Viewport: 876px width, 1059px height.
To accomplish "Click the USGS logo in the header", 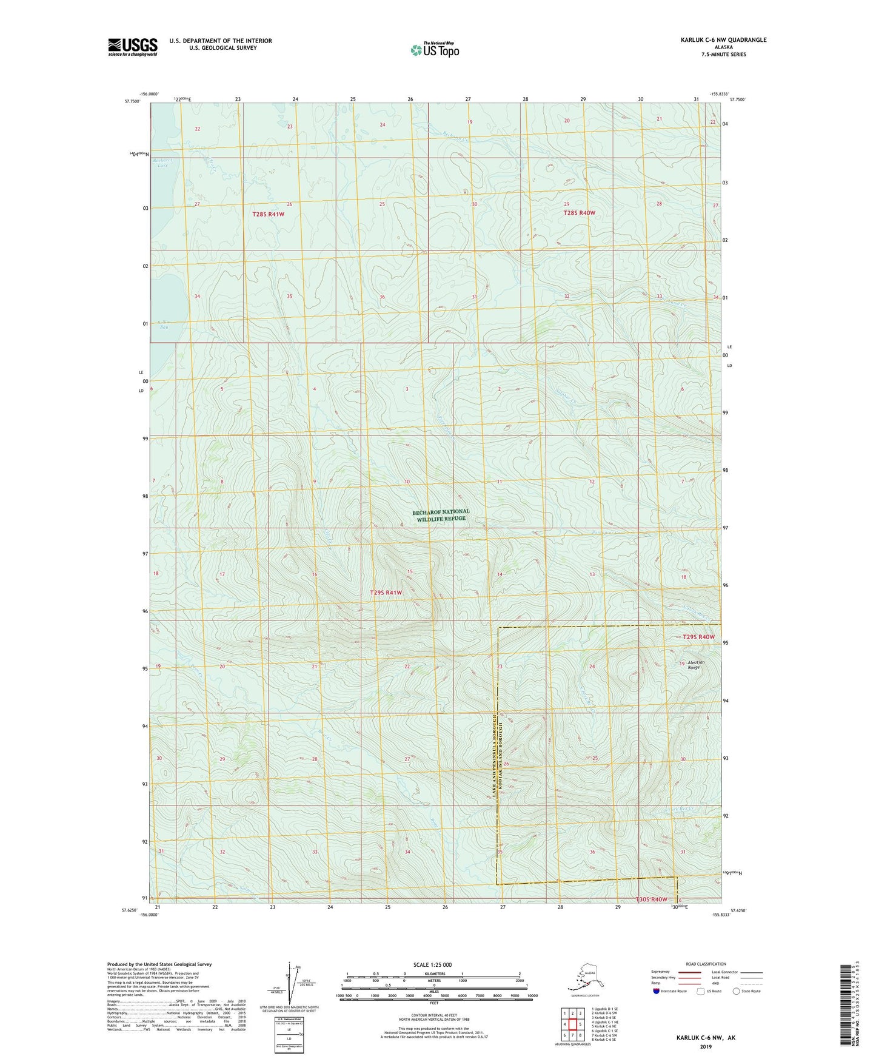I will (133, 47).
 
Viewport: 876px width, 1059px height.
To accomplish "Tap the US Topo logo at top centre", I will (435, 50).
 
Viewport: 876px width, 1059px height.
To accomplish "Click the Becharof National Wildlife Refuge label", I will (441, 515).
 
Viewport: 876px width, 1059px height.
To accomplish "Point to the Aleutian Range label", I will (694, 665).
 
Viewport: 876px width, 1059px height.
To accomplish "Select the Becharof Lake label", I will (162, 163).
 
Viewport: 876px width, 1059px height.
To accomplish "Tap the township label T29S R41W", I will (386, 593).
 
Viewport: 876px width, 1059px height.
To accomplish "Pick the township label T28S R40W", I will (579, 213).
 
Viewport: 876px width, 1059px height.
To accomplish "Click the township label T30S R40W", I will (651, 899).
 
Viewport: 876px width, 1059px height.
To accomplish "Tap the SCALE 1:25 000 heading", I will (432, 965).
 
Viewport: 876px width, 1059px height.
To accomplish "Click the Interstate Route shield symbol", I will (657, 991).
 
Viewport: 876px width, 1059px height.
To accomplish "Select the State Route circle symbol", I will (737, 991).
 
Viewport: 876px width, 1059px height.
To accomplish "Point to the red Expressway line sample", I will (689, 972).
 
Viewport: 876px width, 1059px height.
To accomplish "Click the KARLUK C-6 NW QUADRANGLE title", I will (723, 40).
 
